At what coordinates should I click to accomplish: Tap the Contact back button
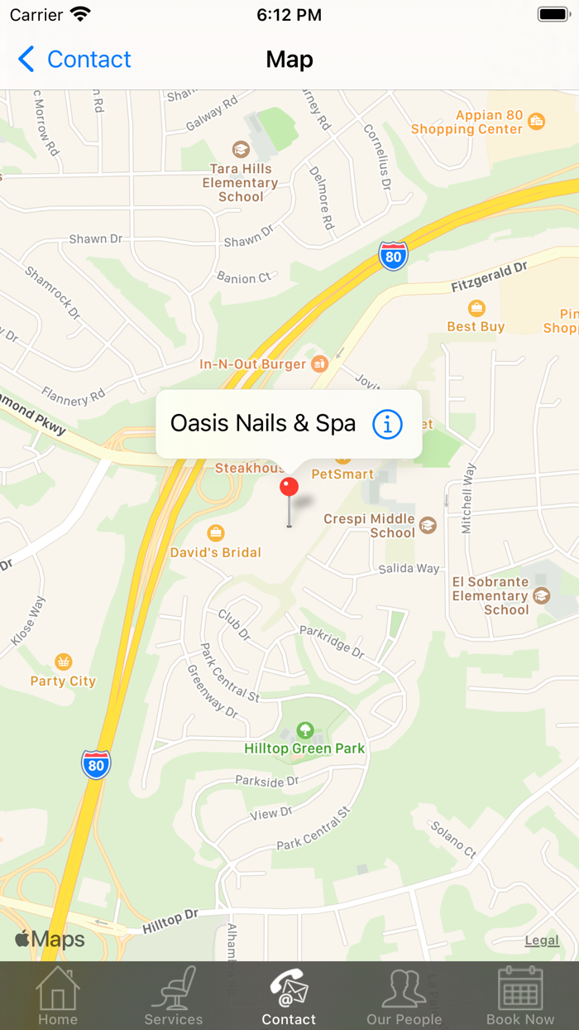74,60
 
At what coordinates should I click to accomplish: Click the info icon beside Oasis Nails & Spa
387,424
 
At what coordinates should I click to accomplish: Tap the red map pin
289,488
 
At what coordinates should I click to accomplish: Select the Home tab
58,997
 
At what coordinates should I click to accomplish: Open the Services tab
174,997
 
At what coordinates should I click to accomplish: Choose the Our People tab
404,997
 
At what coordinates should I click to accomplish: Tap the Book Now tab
520,997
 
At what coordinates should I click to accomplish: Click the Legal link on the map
542,941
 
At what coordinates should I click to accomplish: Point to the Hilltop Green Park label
304,748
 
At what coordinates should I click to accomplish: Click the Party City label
63,681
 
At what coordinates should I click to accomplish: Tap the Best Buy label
476,325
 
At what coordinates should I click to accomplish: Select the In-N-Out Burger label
252,363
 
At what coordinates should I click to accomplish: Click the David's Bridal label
215,551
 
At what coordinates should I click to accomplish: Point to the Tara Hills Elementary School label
240,182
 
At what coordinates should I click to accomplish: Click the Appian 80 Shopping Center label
467,123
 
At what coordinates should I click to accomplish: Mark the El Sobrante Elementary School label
490,595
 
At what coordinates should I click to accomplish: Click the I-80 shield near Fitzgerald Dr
394,256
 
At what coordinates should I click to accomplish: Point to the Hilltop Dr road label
170,921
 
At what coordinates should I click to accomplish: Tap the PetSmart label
342,474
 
